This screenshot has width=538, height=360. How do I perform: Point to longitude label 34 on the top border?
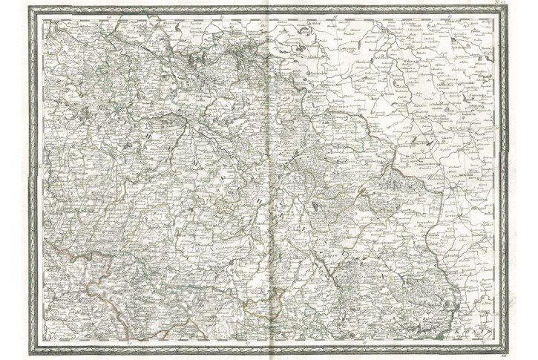pos(108,15)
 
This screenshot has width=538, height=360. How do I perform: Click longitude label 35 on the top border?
pos(220,15)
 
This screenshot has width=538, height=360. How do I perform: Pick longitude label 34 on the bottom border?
pos(128,343)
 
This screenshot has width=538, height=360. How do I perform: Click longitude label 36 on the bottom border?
pos(364,343)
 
